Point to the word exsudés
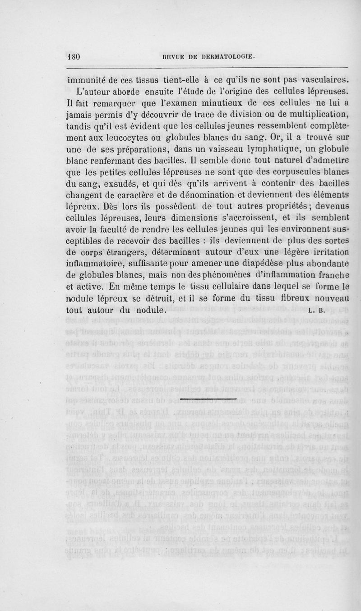120,185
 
